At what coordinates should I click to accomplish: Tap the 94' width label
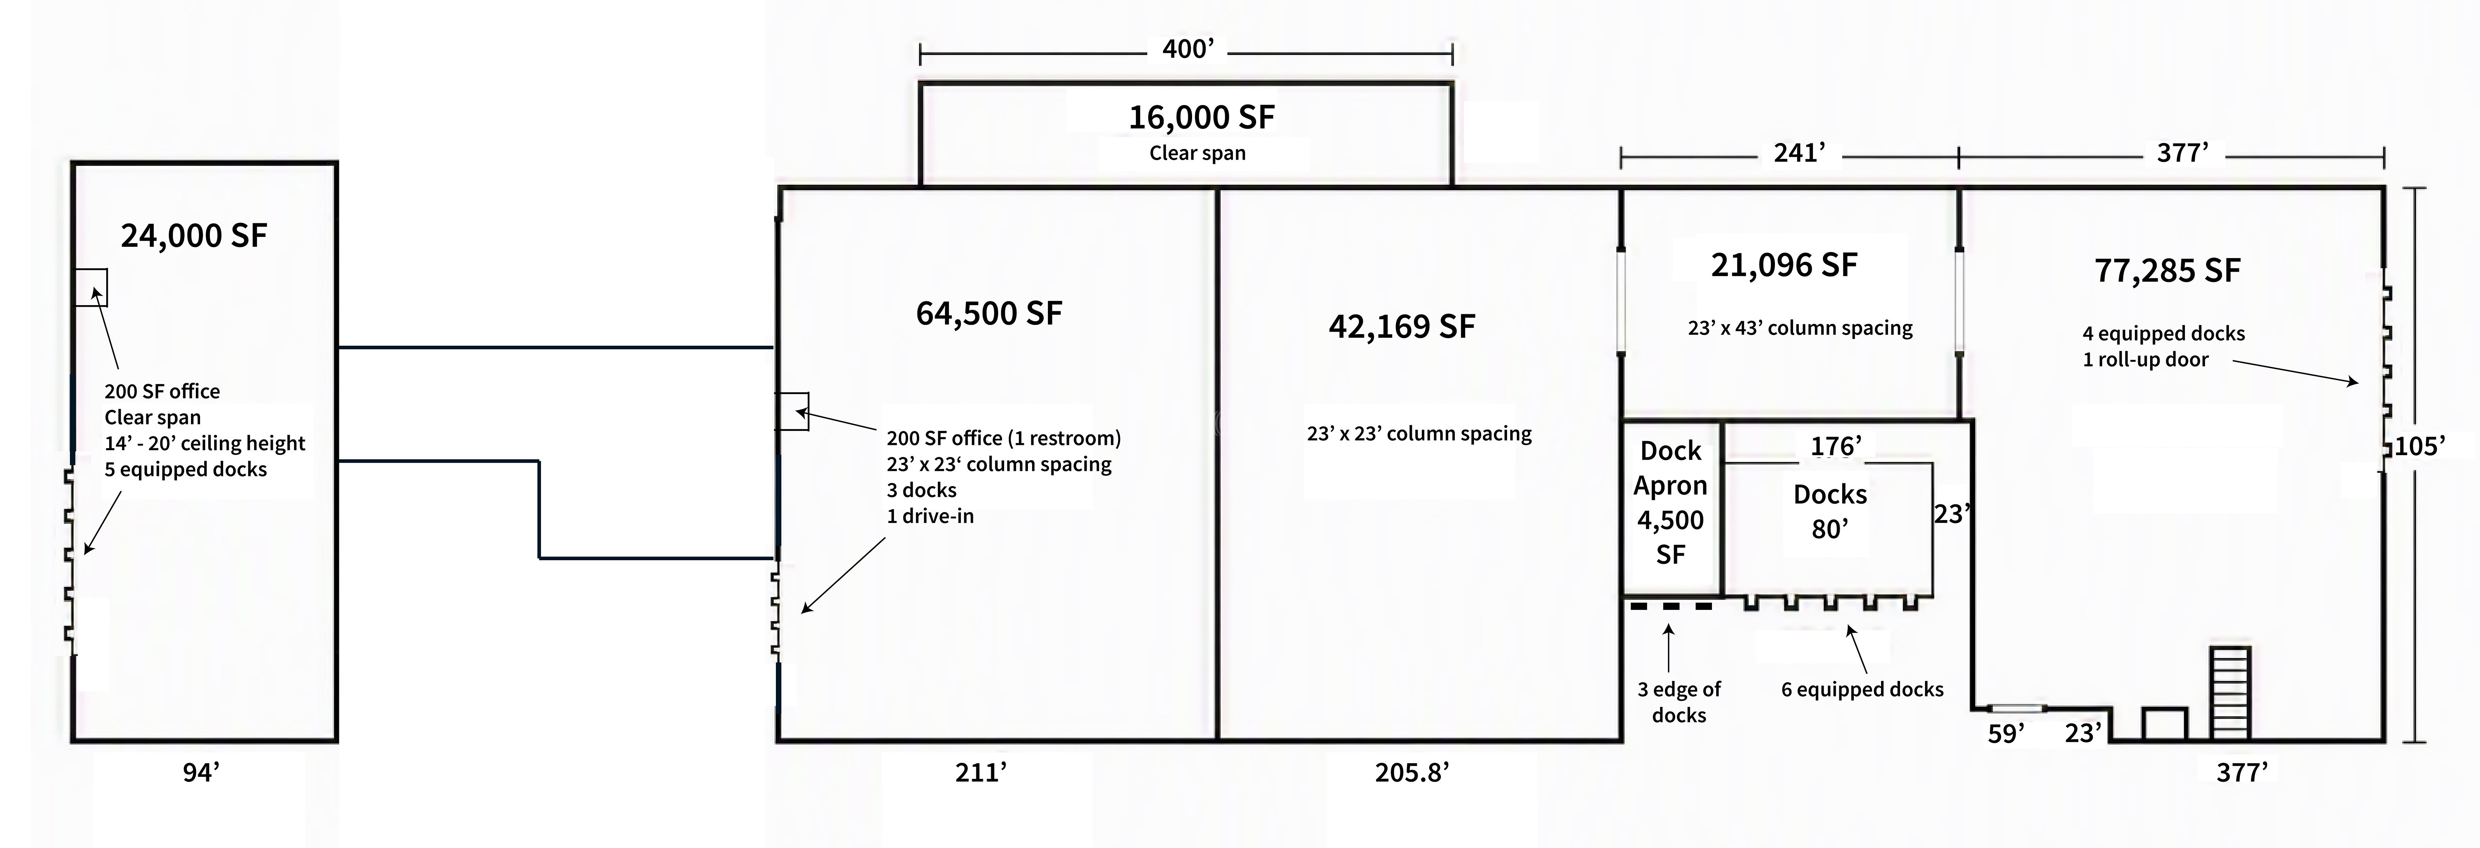pyautogui.click(x=201, y=773)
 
